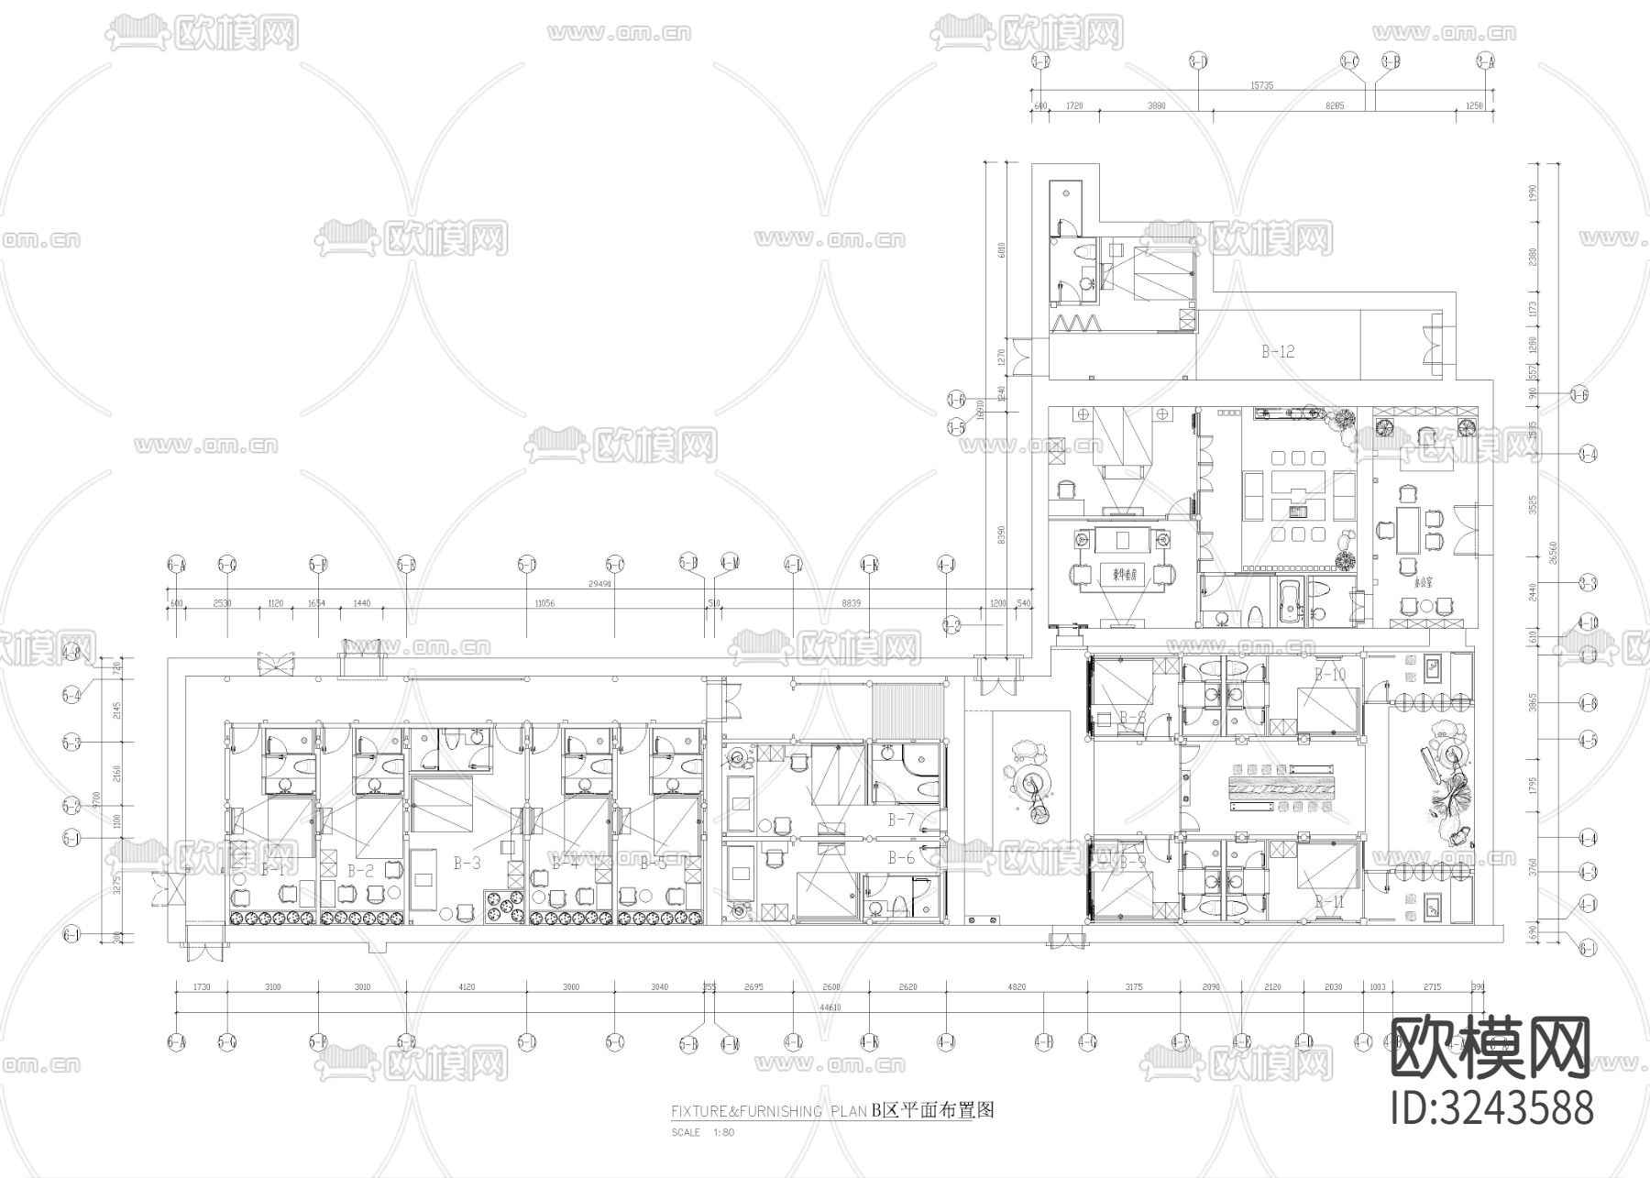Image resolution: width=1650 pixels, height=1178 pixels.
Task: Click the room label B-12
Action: (x=1278, y=351)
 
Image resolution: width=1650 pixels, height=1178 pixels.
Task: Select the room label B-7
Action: (x=901, y=819)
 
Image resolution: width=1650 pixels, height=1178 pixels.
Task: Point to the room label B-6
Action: (x=901, y=858)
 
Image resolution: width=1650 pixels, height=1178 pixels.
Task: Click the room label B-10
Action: (x=1329, y=675)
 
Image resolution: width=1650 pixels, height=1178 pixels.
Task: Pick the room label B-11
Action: (x=1329, y=902)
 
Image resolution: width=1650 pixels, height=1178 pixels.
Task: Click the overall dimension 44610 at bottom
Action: (x=830, y=1007)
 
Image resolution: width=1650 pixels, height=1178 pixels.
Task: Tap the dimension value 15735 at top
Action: (x=1261, y=85)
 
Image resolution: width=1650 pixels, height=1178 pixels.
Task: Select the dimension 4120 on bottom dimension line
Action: (x=467, y=987)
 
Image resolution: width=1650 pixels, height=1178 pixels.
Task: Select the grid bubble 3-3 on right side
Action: (x=1588, y=583)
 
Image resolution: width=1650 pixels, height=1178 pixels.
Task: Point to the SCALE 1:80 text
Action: (x=702, y=1132)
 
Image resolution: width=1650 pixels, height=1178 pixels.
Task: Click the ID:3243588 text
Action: (x=1492, y=1107)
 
